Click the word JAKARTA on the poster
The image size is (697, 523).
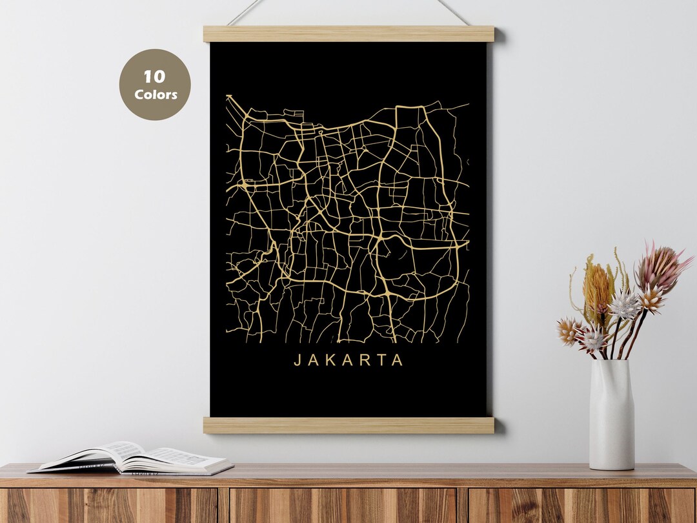(x=348, y=360)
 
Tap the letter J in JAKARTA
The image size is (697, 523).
(x=298, y=360)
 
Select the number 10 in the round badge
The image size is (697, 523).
(x=155, y=77)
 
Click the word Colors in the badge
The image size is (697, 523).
(x=156, y=94)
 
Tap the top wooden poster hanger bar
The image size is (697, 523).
(x=348, y=34)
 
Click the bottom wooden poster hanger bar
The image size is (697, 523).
(x=348, y=425)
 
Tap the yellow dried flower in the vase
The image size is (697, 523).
(x=598, y=287)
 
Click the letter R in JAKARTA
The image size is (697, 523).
(x=364, y=360)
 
